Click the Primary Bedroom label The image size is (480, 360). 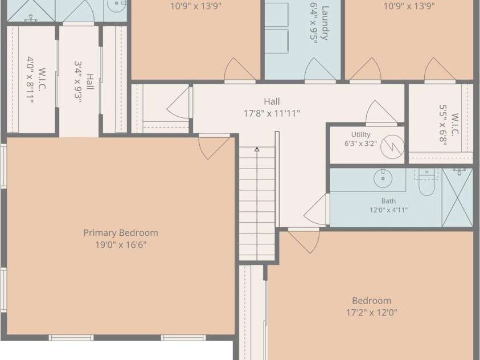(121, 233)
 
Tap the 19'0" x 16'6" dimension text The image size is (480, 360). (121, 245)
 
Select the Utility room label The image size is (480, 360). (360, 134)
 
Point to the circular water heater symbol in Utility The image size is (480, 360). (392, 147)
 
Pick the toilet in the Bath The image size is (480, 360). (426, 182)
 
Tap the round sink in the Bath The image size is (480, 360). (383, 178)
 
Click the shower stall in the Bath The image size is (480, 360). (458, 198)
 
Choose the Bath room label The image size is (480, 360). (388, 201)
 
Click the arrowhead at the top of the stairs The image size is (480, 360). (257, 149)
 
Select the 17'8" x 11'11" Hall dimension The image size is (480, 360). (272, 114)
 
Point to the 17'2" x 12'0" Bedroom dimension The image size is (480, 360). (372, 313)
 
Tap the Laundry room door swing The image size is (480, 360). (320, 71)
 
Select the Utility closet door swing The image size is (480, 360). (381, 113)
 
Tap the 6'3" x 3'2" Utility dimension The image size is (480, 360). (360, 144)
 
